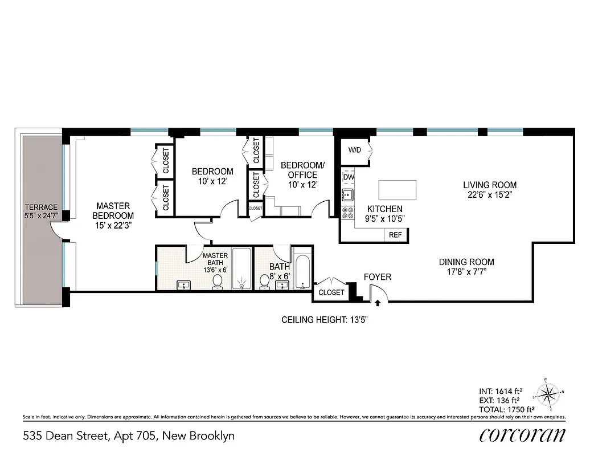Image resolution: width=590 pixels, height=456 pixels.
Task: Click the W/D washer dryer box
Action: point(355,150)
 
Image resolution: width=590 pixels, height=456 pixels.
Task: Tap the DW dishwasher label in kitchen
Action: point(349,177)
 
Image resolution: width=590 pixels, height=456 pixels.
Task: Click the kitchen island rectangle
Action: point(397,189)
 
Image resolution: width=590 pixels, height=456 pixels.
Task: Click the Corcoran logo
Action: point(522,435)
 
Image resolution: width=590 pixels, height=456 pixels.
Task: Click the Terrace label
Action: point(41,211)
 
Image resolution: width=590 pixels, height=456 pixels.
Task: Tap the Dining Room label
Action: point(466,262)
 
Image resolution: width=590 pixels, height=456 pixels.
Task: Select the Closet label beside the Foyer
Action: point(331,292)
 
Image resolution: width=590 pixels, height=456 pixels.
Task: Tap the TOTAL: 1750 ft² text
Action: point(506,409)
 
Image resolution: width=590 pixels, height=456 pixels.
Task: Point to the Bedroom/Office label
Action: point(302,170)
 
